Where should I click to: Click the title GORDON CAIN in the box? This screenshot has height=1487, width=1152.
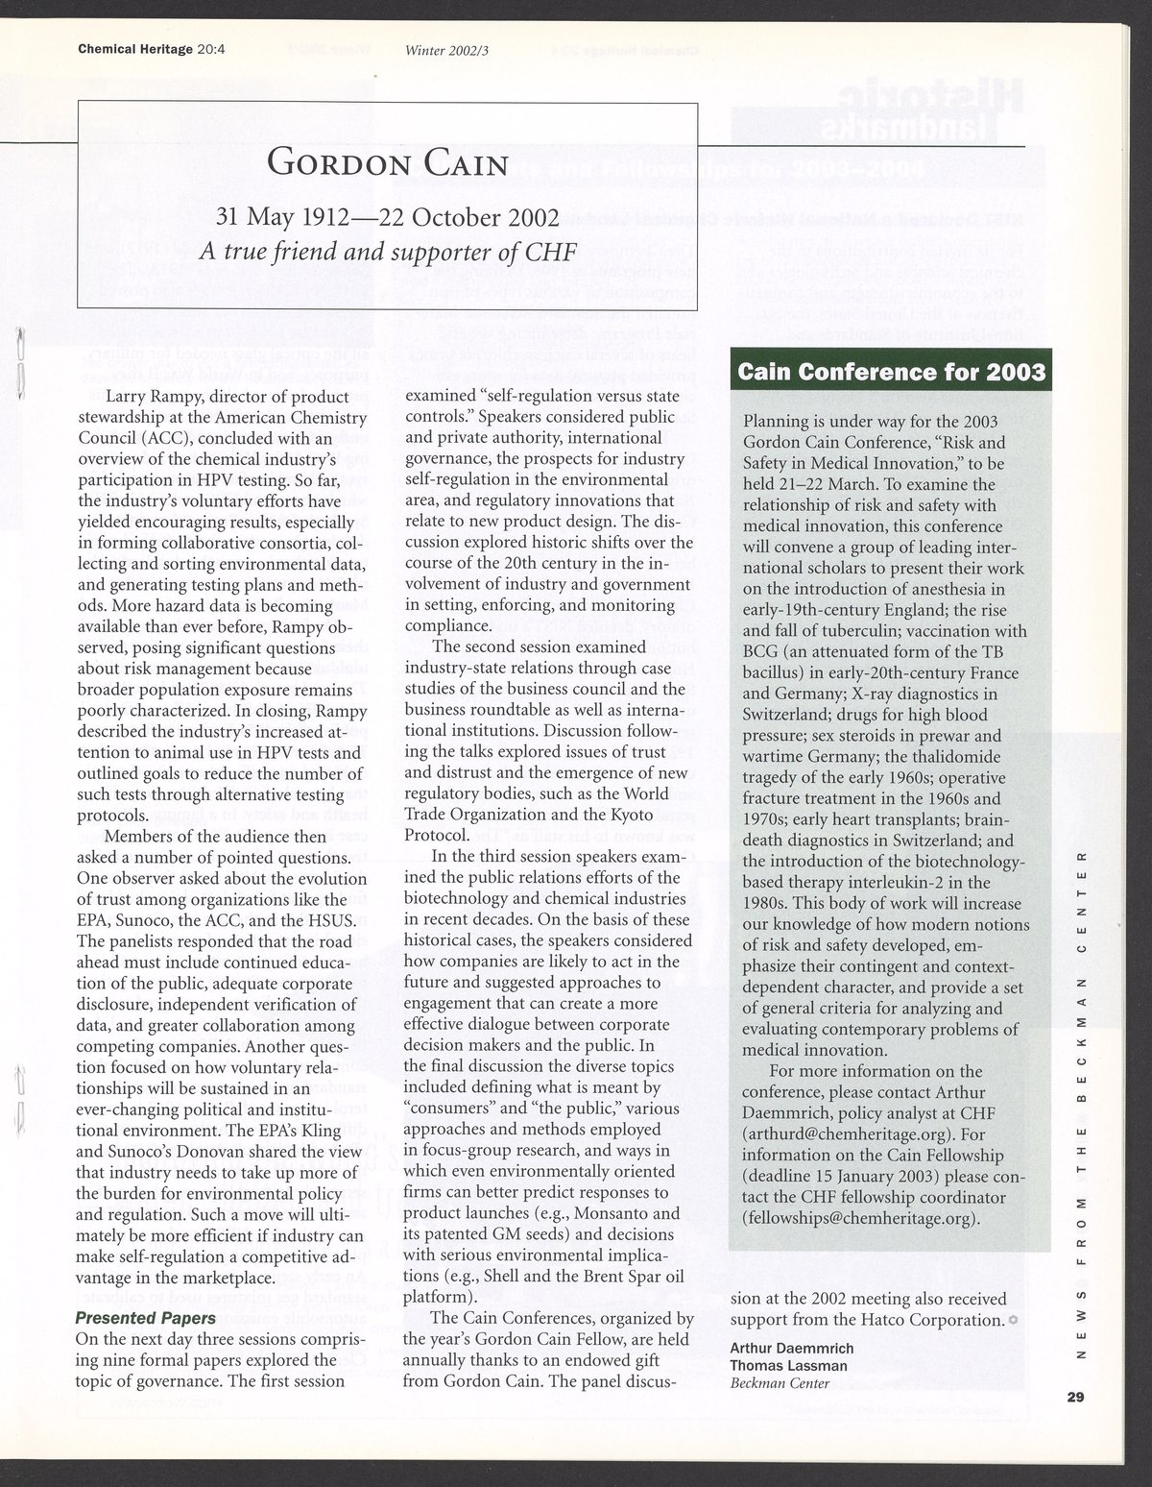(387, 161)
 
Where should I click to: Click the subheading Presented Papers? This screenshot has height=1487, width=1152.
(146, 1318)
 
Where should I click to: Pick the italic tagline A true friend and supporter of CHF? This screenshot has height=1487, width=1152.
(387, 253)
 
